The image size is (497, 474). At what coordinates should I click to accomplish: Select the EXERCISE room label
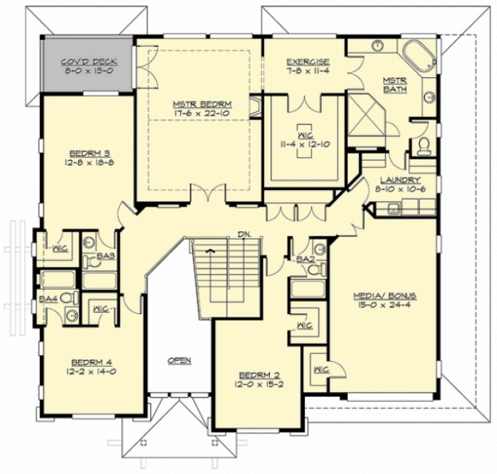(307, 62)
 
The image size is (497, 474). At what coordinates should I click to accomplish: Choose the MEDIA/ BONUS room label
(385, 294)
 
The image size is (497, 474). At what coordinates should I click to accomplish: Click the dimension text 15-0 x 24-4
(385, 303)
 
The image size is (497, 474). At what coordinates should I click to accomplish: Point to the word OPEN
(179, 360)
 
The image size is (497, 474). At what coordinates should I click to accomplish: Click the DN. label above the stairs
(244, 235)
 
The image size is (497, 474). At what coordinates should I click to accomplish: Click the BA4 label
(48, 298)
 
